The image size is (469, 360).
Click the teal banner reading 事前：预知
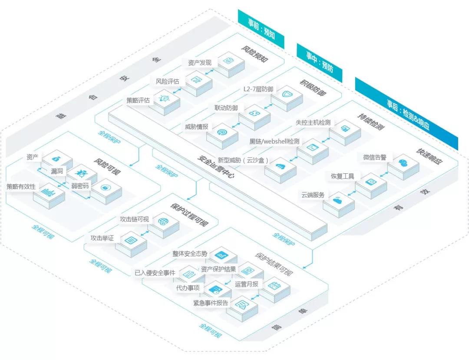[x=261, y=29]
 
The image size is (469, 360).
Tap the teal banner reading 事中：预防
[x=319, y=62]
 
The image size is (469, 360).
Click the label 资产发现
[x=200, y=63]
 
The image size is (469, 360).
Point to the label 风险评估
[x=167, y=81]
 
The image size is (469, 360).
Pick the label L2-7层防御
[x=258, y=89]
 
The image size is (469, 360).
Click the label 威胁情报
[x=196, y=127]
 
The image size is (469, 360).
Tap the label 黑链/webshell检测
[x=274, y=142]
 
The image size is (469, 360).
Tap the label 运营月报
[x=247, y=284]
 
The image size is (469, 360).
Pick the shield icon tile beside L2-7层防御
[x=287, y=95]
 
